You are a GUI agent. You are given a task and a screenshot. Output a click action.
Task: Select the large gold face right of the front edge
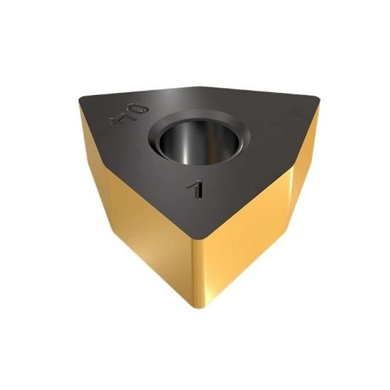(x=245, y=227)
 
